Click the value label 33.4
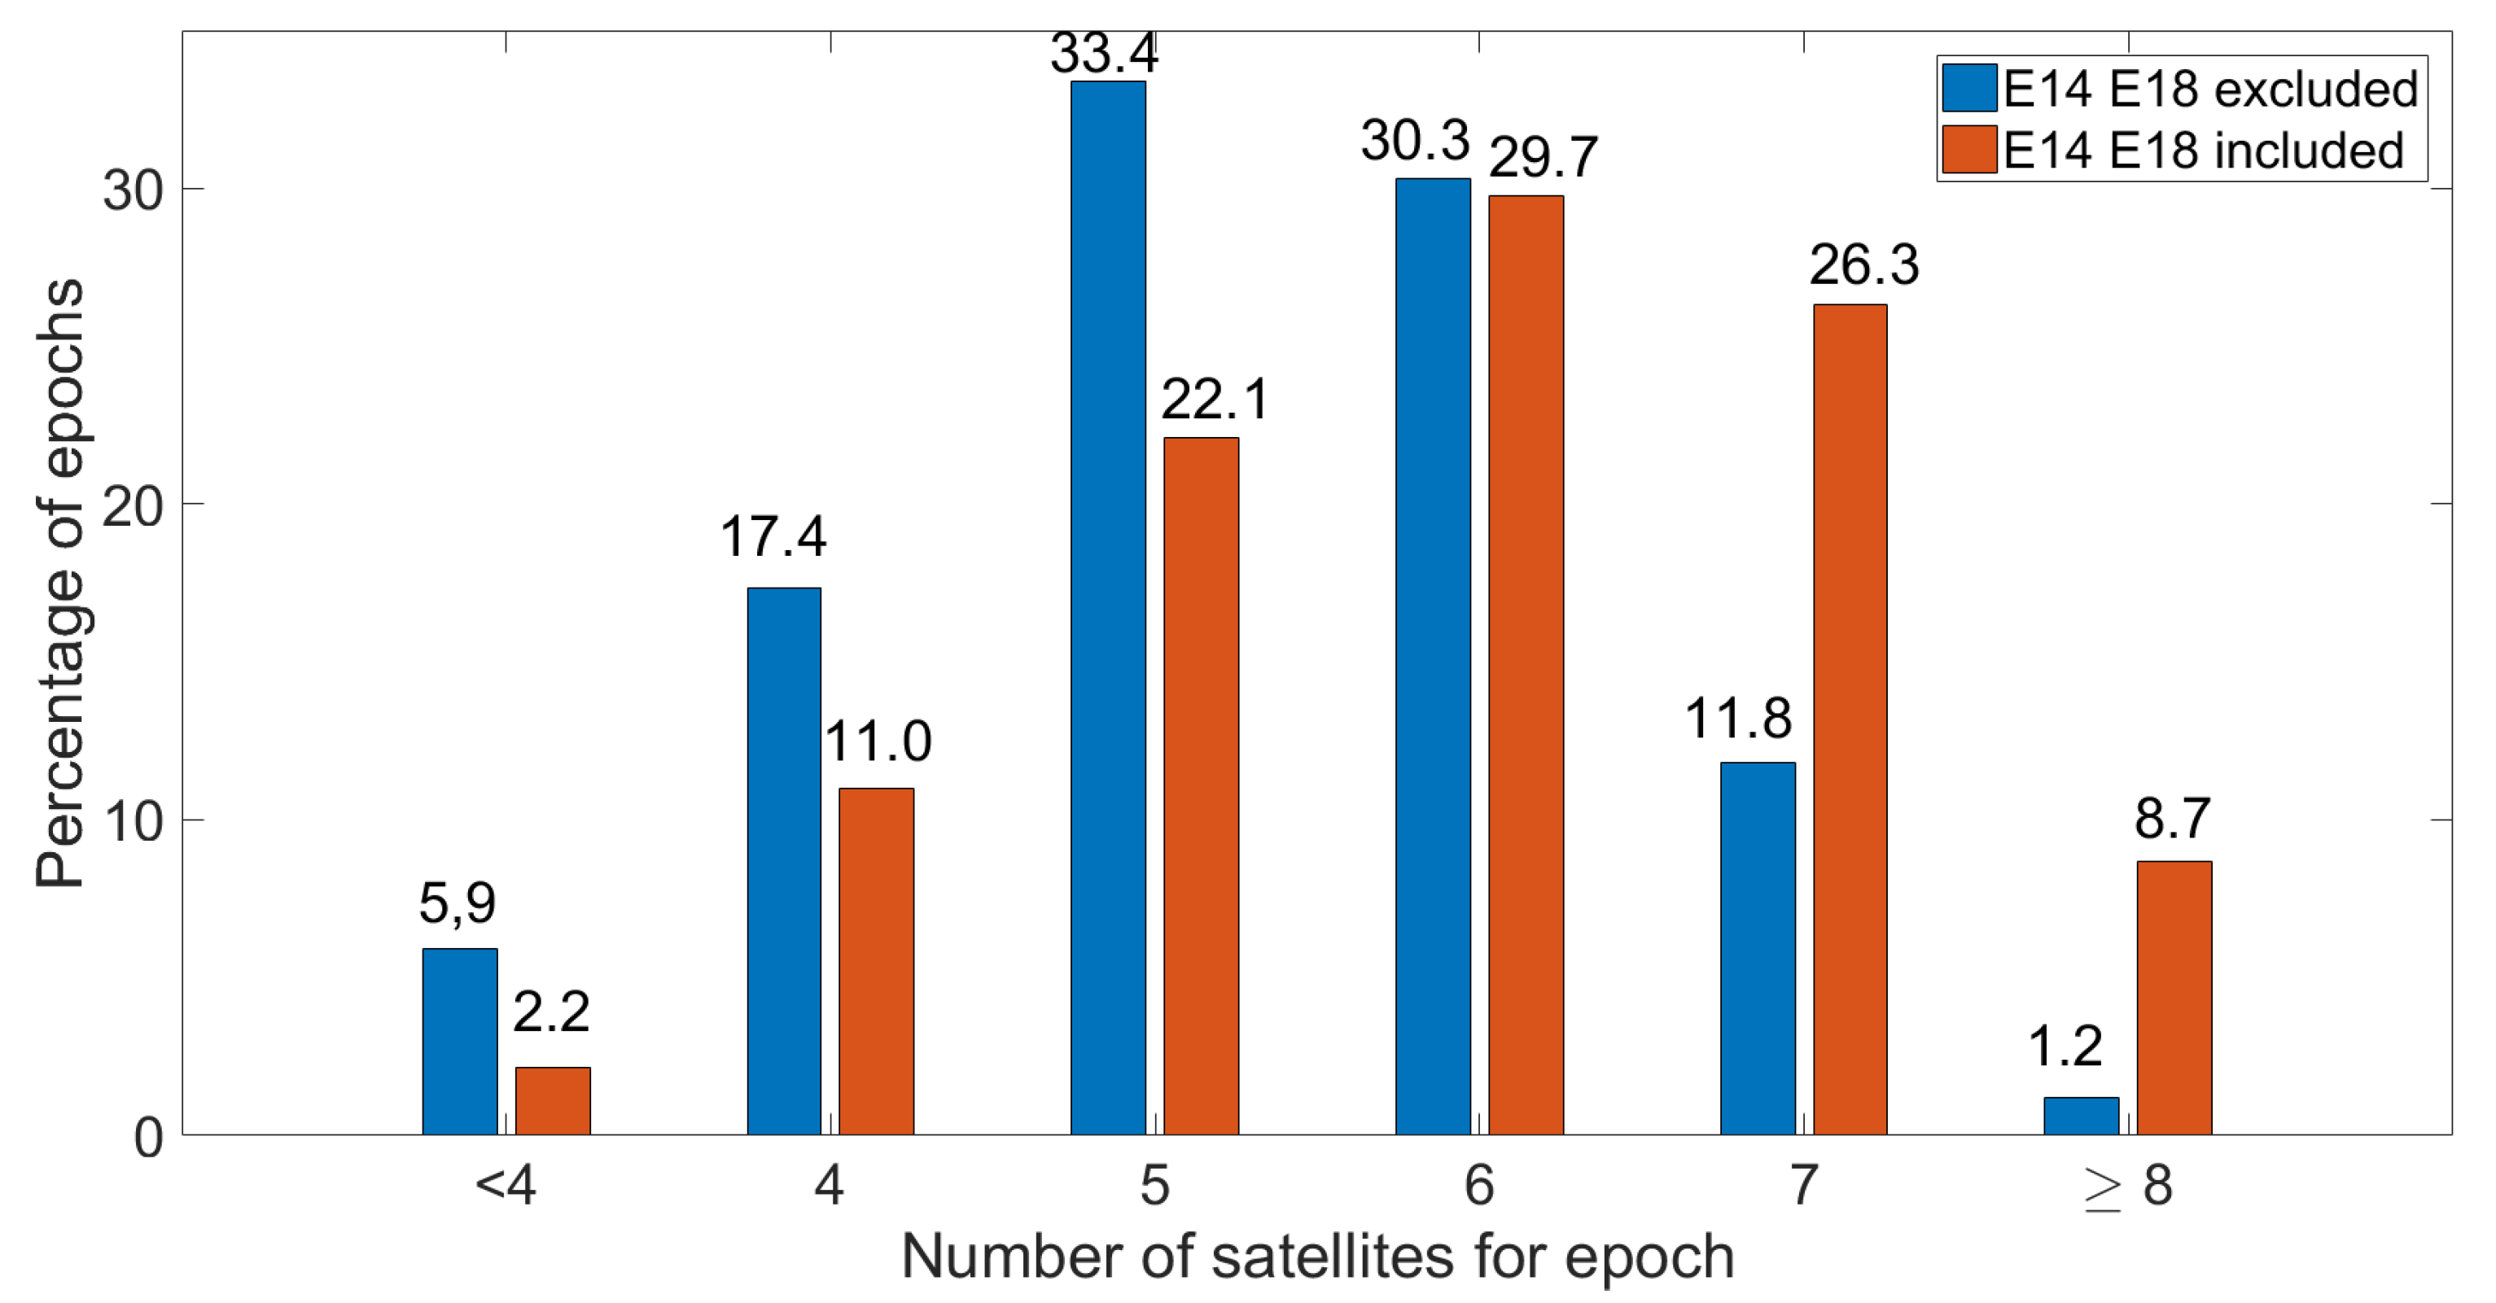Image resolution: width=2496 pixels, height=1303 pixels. point(1104,53)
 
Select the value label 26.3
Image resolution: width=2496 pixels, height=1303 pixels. point(1863,265)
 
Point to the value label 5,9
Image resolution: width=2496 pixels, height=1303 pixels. point(458,903)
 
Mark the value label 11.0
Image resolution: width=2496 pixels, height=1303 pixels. point(877,741)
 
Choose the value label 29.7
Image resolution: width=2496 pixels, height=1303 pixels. point(1543,156)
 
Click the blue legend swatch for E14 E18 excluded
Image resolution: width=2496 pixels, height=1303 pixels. point(1969,88)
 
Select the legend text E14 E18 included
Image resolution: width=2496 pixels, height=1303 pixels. point(2204,151)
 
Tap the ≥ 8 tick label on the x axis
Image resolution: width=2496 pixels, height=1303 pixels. point(2128,1185)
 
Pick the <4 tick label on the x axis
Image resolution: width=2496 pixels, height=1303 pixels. point(505,1185)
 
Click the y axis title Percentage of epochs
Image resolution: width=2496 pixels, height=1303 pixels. point(60,584)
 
